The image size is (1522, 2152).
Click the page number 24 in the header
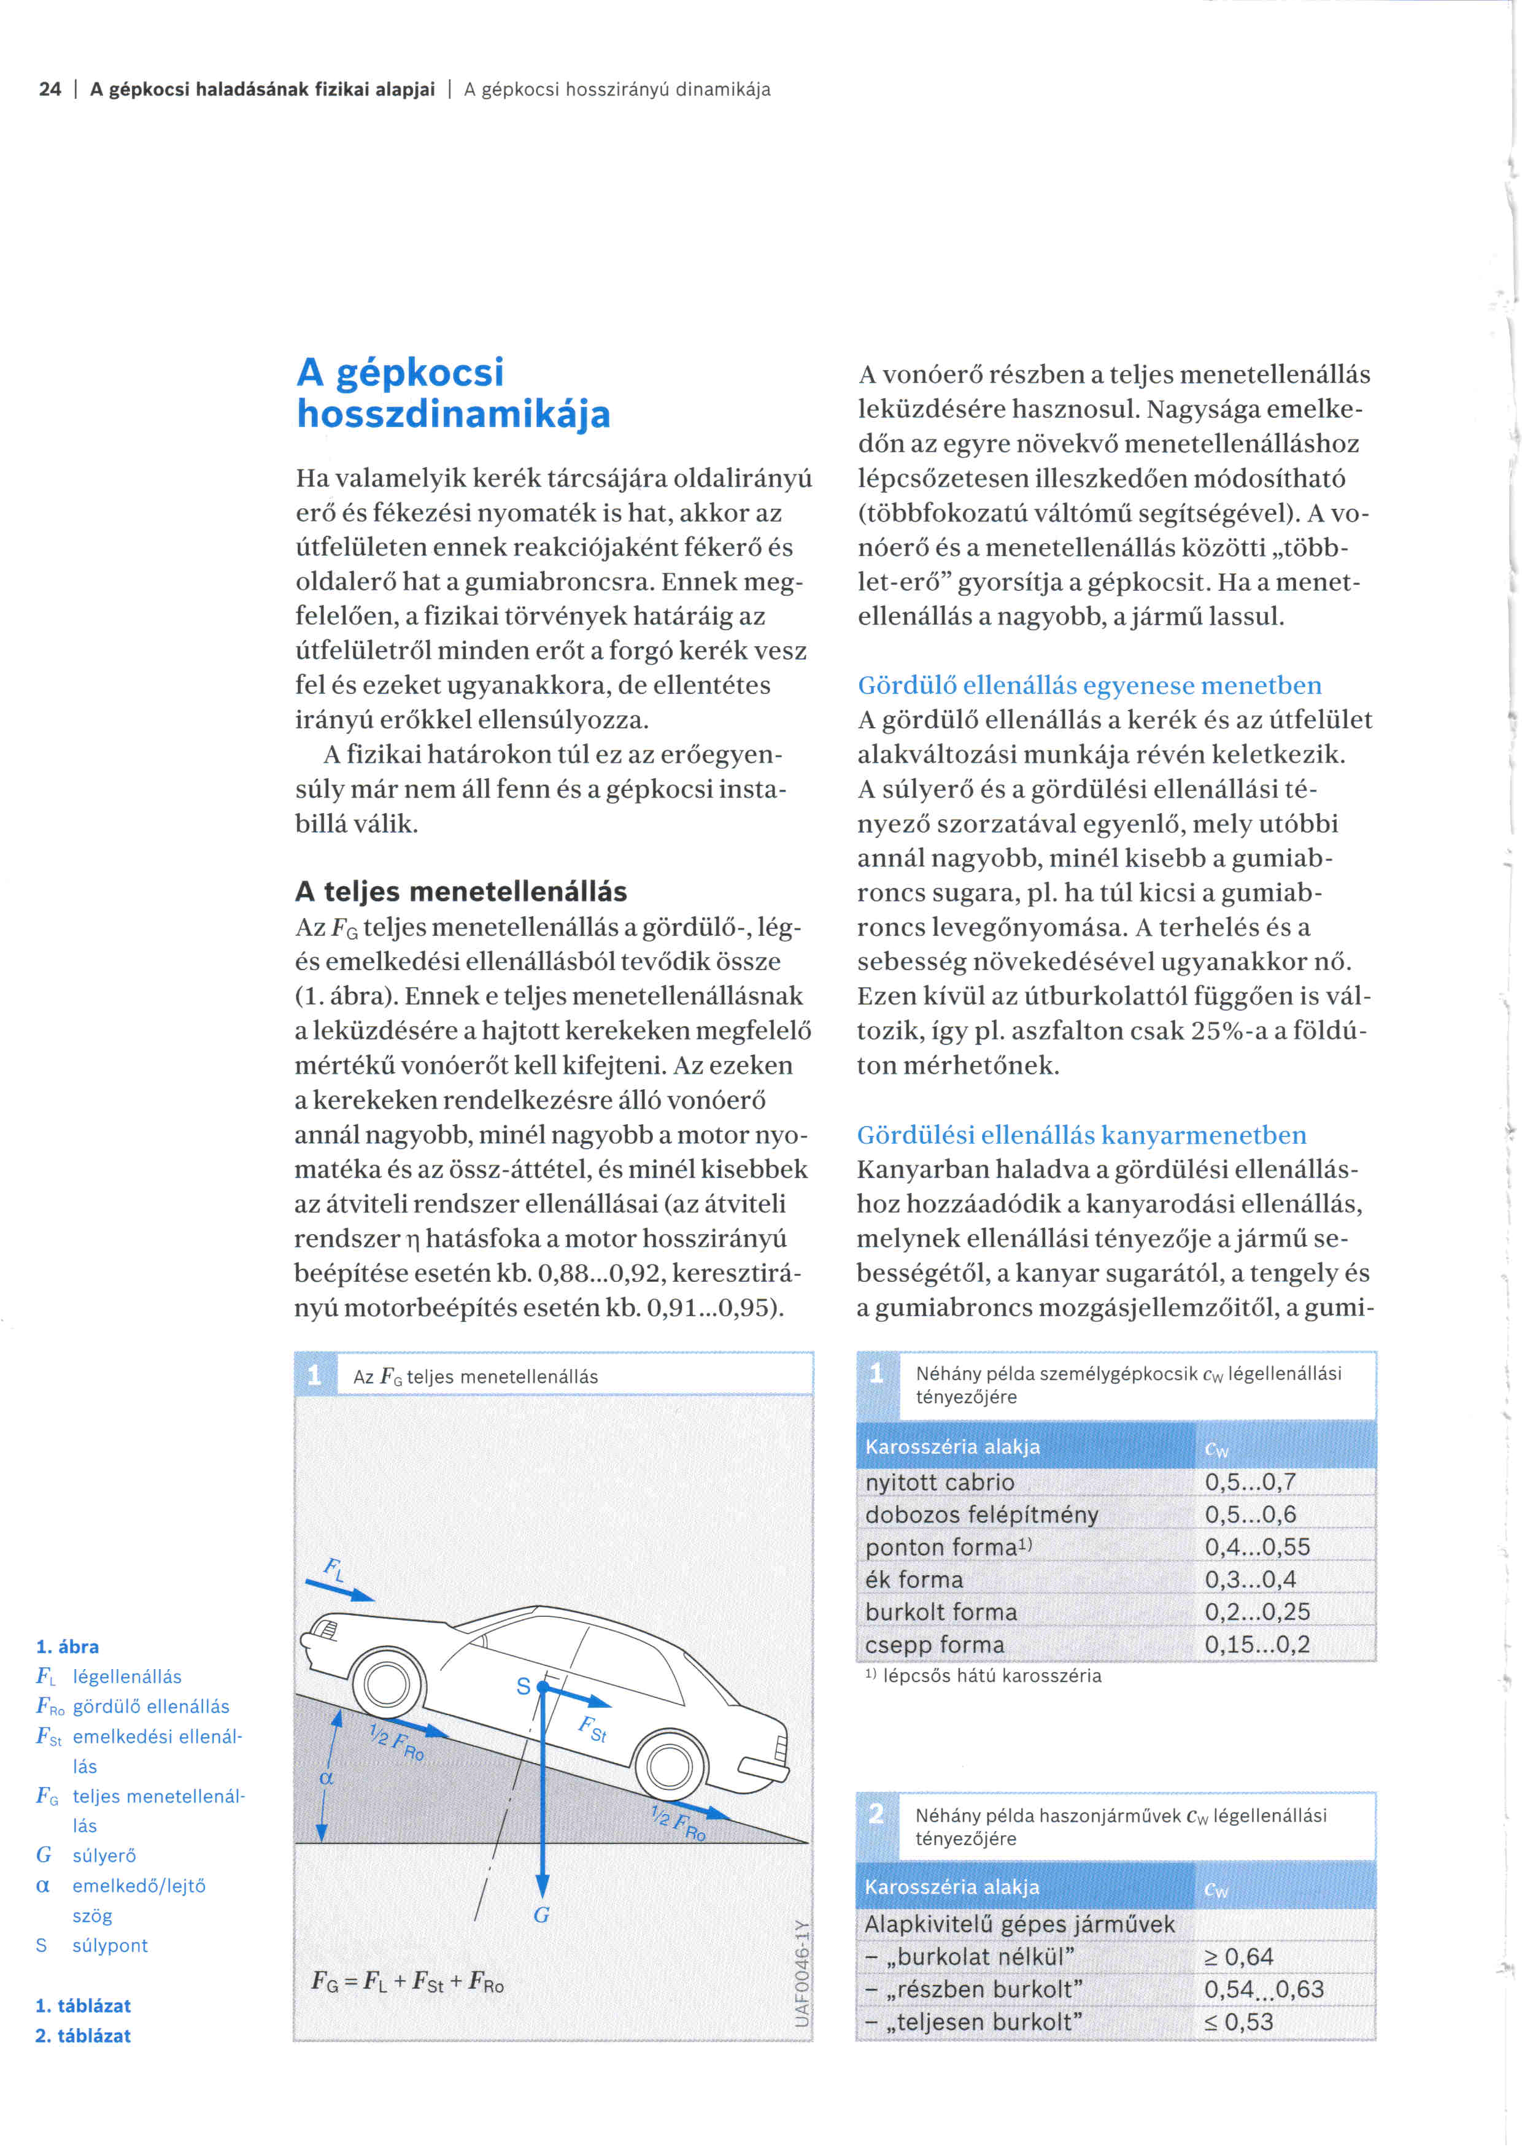click(50, 89)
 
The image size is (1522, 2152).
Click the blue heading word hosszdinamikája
click(454, 414)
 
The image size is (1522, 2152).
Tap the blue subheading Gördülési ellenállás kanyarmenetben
click(1081, 1135)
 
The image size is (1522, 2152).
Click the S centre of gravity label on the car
click(524, 1686)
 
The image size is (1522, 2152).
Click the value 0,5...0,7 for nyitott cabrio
click(1250, 1482)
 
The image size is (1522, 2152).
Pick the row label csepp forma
click(935, 1644)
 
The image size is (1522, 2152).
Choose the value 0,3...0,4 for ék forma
click(1250, 1579)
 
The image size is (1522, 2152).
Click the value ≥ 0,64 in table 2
click(1238, 1956)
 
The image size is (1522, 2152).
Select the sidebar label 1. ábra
click(68, 1647)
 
